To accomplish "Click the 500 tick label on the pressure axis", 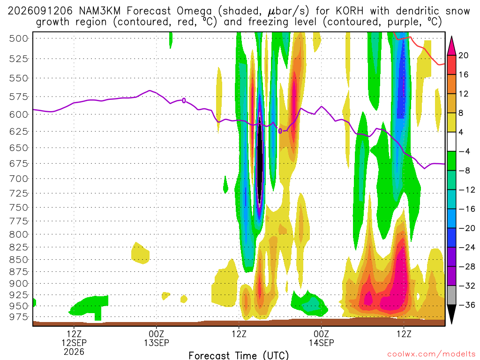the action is [x=19, y=38].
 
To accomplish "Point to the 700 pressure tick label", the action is [x=19, y=179].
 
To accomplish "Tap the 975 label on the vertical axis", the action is [x=19, y=317].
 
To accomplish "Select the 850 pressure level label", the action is [x=19, y=260].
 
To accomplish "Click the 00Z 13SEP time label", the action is [x=157, y=338].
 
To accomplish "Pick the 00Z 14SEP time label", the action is [x=322, y=338].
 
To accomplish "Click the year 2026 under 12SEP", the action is [x=74, y=352].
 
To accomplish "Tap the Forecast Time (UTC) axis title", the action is [x=239, y=355].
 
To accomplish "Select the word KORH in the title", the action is [x=350, y=11].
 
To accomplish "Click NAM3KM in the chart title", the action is [x=99, y=11].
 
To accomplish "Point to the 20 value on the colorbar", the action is [x=463, y=55].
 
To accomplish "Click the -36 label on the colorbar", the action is [x=467, y=305].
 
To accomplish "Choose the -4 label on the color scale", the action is [x=465, y=151].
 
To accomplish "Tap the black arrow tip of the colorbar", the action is [x=451, y=323].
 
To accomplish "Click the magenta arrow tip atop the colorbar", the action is [x=451, y=37].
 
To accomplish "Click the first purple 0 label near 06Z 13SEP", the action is [x=184, y=100].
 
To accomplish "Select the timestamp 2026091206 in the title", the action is [x=40, y=11].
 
